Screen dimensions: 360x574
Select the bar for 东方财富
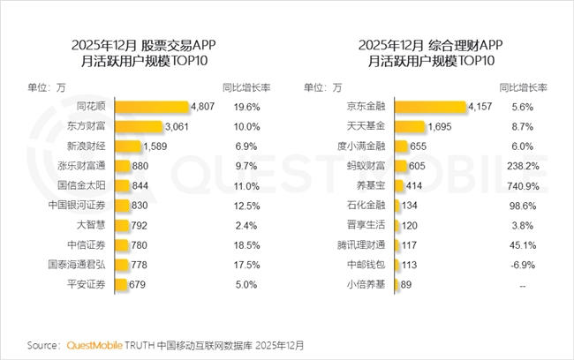tap(138, 126)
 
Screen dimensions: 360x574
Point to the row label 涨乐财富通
tap(79, 166)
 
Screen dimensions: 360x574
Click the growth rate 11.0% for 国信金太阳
tap(246, 185)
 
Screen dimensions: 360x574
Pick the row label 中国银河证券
tap(79, 205)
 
